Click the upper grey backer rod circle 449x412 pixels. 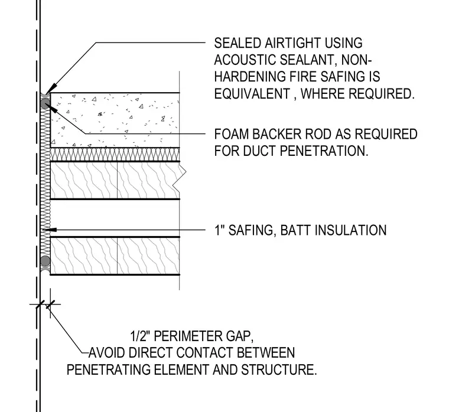click(45, 103)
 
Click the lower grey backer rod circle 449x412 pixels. click(45, 261)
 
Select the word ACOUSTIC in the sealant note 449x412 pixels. click(245, 60)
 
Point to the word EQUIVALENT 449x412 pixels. click(252, 94)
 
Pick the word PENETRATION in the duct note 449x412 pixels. click(324, 151)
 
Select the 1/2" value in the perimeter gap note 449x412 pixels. click(141, 336)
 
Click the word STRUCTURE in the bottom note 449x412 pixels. click(279, 370)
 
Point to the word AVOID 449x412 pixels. click(106, 353)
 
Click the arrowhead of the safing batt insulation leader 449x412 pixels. click(47, 230)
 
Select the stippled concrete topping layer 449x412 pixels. click(115, 120)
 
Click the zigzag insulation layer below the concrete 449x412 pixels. click(115, 155)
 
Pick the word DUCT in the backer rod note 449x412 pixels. click(260, 151)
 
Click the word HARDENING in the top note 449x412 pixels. click(250, 77)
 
